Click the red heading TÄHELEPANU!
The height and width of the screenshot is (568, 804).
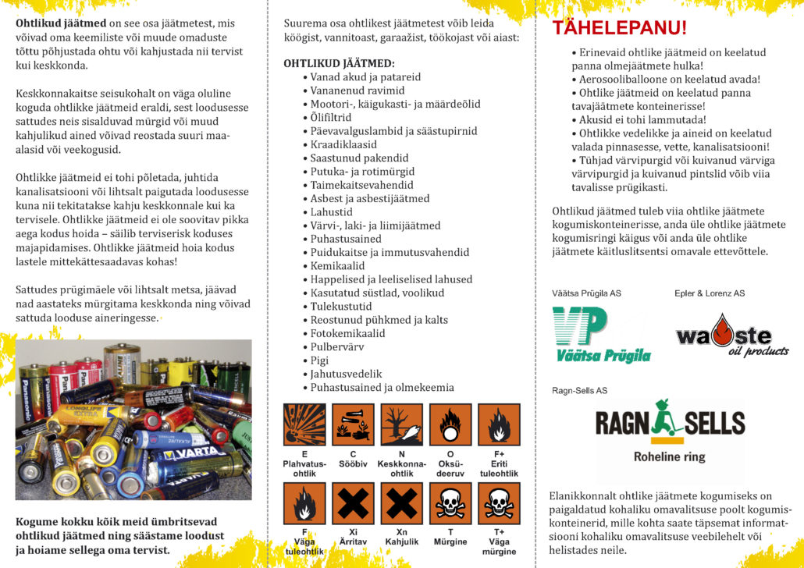tap(620, 29)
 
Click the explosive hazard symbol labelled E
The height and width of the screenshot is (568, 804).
tap(304, 424)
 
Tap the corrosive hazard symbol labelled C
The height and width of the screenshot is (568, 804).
tap(353, 424)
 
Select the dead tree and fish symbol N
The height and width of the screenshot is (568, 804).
tap(401, 424)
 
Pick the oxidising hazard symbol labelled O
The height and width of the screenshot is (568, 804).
tap(450, 424)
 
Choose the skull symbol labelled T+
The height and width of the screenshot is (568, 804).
tap(499, 503)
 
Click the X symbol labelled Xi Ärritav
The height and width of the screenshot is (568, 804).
tap(353, 503)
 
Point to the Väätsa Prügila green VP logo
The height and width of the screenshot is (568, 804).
tap(601, 334)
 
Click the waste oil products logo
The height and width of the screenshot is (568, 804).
tap(731, 335)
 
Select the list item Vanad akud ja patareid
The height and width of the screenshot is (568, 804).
tap(365, 77)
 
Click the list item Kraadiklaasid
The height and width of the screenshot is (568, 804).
tap(343, 144)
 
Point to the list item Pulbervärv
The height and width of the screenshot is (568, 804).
tap(338, 346)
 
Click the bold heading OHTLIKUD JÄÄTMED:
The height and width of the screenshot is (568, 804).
tap(339, 62)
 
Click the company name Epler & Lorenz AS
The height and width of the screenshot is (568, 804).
tap(710, 293)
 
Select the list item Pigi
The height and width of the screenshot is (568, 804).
tap(321, 360)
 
